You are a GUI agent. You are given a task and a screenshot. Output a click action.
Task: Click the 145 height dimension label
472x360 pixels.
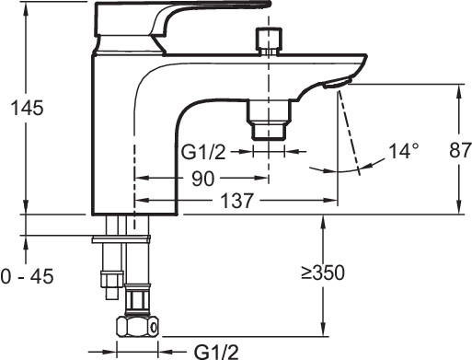coord(27,108)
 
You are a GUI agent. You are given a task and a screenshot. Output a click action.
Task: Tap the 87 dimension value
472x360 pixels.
coord(460,150)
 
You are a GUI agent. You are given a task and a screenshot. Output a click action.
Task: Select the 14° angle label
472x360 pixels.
coord(404,151)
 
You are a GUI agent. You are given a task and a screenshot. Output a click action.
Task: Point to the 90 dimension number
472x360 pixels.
coord(202,179)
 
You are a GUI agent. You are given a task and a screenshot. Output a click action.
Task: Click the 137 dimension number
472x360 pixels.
coord(237,201)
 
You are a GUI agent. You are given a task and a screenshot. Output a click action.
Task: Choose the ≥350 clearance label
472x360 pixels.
coord(323,273)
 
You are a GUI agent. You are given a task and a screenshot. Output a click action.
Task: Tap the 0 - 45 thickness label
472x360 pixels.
coord(27,276)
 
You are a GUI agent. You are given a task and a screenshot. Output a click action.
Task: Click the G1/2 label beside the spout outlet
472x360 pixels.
coord(203,152)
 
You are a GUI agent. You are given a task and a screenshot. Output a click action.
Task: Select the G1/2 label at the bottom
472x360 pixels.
coord(217,352)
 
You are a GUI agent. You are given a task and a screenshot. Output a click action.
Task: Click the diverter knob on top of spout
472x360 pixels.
coord(269,41)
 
